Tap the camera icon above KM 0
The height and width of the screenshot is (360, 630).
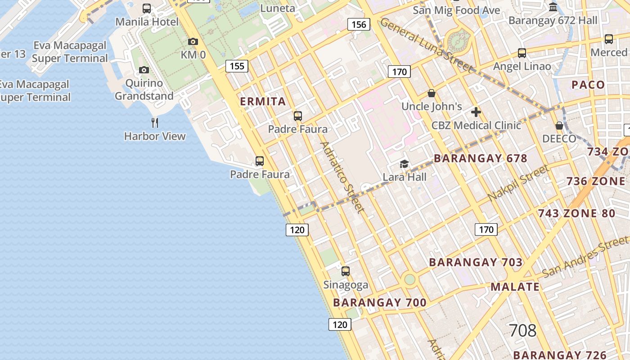(193, 42)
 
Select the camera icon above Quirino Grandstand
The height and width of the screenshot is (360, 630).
(144, 70)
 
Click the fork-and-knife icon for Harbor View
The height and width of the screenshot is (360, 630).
(155, 122)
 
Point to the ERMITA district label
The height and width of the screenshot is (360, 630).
(263, 102)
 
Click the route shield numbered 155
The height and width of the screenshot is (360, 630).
(237, 67)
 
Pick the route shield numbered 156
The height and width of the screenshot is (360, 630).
(359, 24)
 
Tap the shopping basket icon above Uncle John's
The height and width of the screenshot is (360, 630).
(432, 94)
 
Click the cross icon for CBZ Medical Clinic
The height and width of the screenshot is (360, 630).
(476, 112)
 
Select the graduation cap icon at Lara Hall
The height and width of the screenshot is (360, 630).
(405, 164)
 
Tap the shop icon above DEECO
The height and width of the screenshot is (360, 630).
(559, 126)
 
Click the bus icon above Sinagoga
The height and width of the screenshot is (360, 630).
(346, 271)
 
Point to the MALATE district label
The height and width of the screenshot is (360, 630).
(515, 287)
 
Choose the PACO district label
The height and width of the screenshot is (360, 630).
(588, 85)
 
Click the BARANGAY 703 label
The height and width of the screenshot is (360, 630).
(476, 262)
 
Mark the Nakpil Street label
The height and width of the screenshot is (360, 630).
(518, 183)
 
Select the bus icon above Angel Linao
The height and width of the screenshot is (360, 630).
(522, 53)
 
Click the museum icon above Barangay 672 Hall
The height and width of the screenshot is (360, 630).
(553, 7)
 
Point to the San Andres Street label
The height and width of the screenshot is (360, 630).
(585, 258)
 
